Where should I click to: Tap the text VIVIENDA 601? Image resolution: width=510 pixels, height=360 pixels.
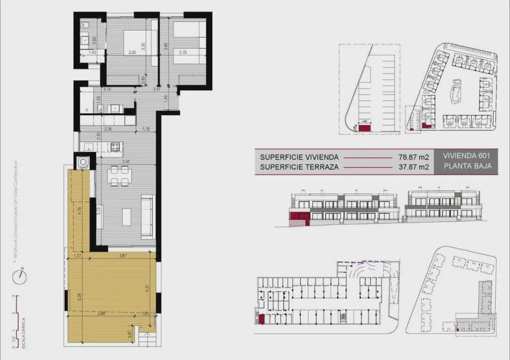point(463,156)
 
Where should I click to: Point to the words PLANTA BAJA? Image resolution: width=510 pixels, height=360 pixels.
point(463,167)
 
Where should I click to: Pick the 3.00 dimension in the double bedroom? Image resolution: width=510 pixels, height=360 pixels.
point(132,52)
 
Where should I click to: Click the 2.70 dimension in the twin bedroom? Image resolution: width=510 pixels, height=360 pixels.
point(182,52)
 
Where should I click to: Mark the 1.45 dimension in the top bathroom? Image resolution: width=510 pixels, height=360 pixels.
point(92,52)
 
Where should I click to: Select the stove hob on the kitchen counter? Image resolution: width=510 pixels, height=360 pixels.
point(116,146)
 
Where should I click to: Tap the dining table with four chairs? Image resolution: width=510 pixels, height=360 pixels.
point(120,176)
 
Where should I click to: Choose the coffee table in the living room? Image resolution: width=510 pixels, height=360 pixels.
point(127,217)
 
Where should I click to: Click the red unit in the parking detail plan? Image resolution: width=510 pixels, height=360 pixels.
point(365,128)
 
